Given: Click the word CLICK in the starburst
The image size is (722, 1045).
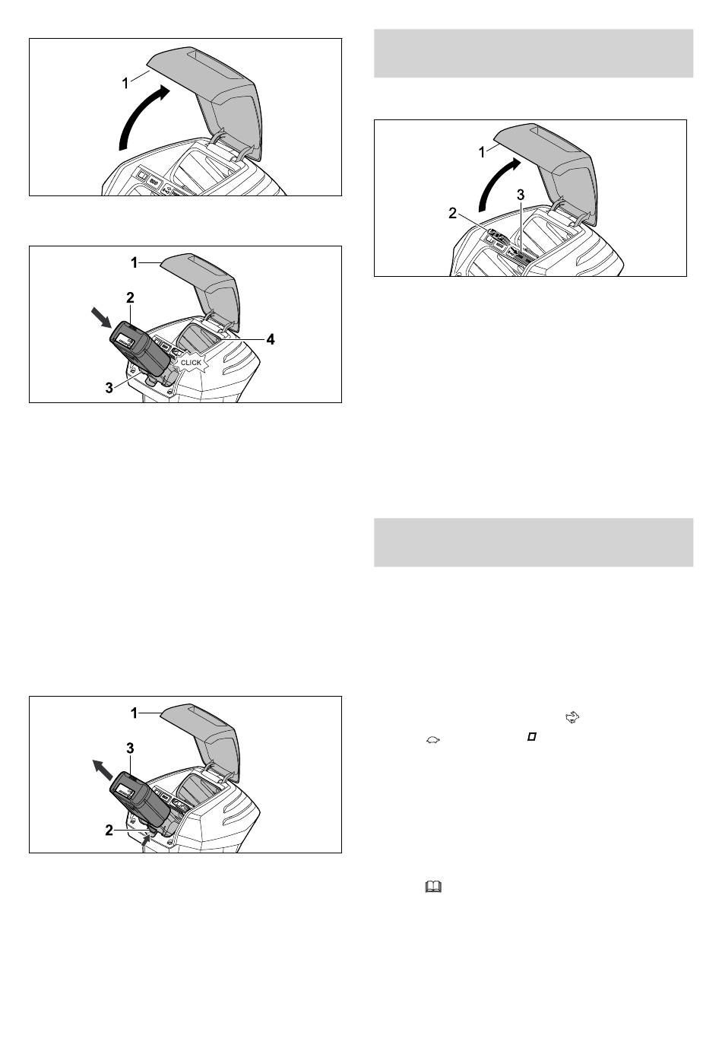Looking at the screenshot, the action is pyautogui.click(x=191, y=363).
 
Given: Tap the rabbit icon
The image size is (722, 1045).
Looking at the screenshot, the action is pyautogui.click(x=572, y=717).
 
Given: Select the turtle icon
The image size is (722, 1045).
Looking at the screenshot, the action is pyautogui.click(x=433, y=740).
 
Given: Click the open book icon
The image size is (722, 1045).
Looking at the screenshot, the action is pyautogui.click(x=433, y=887).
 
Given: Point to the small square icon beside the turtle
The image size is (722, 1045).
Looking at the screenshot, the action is pyautogui.click(x=531, y=737).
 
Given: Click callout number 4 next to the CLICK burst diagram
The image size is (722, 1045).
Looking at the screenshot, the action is pyautogui.click(x=271, y=340).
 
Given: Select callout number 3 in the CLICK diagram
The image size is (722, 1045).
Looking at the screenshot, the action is pyautogui.click(x=109, y=388).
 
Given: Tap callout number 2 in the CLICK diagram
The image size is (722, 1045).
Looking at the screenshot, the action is pyautogui.click(x=130, y=297).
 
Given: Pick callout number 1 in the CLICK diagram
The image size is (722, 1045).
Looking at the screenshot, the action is pyautogui.click(x=135, y=263).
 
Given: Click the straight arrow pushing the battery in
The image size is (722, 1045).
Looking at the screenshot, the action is pyautogui.click(x=102, y=316).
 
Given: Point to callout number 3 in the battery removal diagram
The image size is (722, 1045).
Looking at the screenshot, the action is pyautogui.click(x=130, y=748).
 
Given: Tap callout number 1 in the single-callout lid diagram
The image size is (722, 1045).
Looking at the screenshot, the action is pyautogui.click(x=125, y=84).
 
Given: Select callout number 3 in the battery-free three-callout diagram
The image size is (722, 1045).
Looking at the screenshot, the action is pyautogui.click(x=521, y=195).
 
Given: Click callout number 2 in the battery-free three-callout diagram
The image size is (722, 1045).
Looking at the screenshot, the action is pyautogui.click(x=453, y=214).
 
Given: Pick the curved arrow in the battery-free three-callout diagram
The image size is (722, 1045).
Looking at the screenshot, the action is pyautogui.click(x=495, y=183).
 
